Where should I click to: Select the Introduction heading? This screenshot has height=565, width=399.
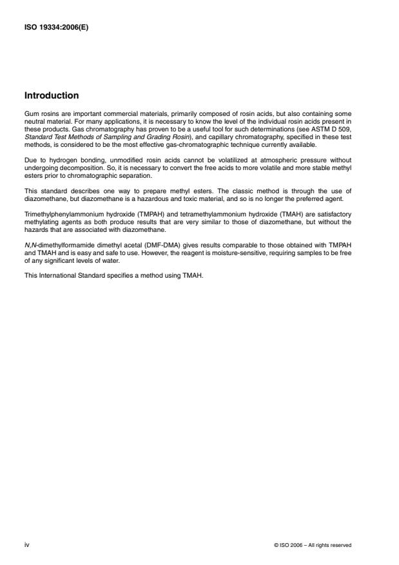52,96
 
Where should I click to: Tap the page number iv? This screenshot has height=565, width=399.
26,544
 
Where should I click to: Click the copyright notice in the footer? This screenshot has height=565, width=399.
313,545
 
